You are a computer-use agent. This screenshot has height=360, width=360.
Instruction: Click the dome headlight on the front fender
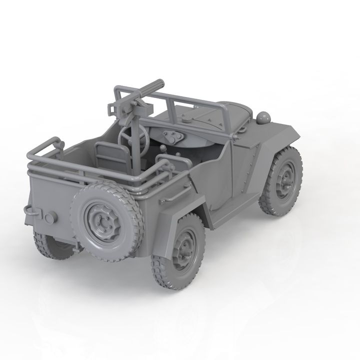[x=263, y=117]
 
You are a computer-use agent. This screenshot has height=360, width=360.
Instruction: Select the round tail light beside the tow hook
[x=49, y=218]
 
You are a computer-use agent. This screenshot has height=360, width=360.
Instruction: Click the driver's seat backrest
[x=108, y=154]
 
